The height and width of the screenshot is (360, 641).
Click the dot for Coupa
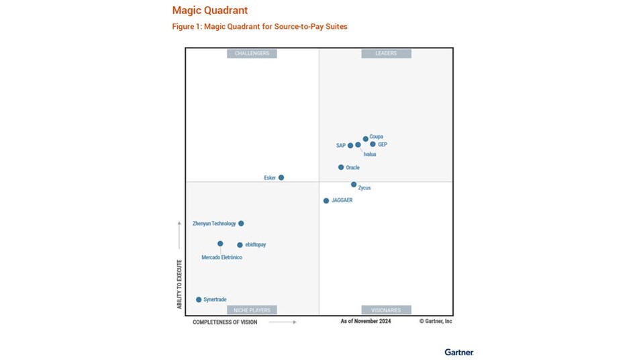(366, 139)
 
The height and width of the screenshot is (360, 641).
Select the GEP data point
(373, 144)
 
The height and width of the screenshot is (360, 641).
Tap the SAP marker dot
(350, 145)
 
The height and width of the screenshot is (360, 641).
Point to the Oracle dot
(341, 167)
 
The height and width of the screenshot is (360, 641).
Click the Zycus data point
(354, 184)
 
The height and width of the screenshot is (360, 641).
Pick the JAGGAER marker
(326, 200)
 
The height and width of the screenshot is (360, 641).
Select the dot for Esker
(281, 177)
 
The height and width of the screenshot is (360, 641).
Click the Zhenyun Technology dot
(241, 223)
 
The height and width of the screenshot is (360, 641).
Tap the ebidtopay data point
(240, 244)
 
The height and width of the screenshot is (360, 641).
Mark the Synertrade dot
(199, 300)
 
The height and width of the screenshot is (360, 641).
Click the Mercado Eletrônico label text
(222, 257)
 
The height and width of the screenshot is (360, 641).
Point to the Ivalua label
(369, 154)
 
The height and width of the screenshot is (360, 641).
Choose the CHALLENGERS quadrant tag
(252, 53)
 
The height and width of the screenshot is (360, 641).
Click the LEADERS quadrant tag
(386, 53)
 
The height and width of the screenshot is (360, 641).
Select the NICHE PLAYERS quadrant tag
(252, 310)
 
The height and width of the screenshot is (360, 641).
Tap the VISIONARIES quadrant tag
(386, 310)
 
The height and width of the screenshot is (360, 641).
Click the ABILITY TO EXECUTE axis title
(180, 284)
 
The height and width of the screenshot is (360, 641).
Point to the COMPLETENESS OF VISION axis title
(225, 322)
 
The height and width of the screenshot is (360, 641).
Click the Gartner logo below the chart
(459, 352)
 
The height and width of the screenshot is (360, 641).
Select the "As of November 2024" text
(366, 321)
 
